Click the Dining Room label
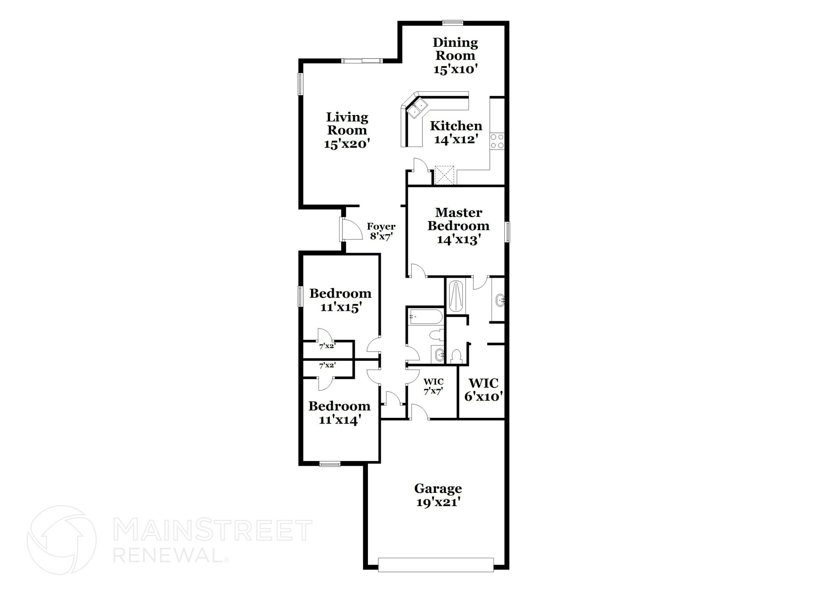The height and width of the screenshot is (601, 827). point(455,49)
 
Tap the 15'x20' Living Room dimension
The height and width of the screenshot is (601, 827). point(347,144)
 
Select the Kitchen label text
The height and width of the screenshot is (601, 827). point(456,126)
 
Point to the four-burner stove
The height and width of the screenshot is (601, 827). point(497,141)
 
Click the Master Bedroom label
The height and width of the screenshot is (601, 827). point(458,219)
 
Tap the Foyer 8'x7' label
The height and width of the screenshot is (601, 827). point(381,231)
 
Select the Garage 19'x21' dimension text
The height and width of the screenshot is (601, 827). point(438,502)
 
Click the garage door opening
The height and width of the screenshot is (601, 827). point(436,565)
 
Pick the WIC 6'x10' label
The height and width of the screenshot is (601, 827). point(483,389)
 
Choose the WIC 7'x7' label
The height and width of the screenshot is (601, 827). point(433,386)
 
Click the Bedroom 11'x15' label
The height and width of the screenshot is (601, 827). point(340,300)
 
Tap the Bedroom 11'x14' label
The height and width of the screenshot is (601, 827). point(339,413)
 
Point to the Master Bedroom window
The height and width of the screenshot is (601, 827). point(508,232)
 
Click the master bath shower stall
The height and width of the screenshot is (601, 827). point(456,296)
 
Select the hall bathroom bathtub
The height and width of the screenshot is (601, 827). point(425,317)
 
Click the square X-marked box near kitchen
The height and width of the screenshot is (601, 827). point(444,175)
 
